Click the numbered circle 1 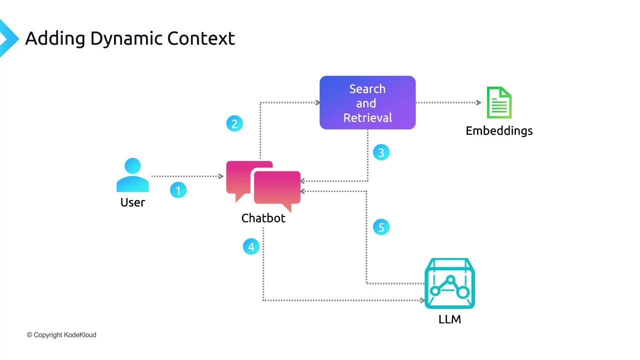point(178,190)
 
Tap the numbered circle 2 point(234,123)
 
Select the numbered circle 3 point(381,152)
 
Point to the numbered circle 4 point(251,246)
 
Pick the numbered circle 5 point(381,227)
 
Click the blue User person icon point(132,175)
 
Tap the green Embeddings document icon point(499,102)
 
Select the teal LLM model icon point(449,283)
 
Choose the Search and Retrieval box point(367,103)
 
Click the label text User point(132,202)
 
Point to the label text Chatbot point(263,218)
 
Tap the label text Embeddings point(499,131)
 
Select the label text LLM point(449,319)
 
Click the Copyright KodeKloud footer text point(61,335)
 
